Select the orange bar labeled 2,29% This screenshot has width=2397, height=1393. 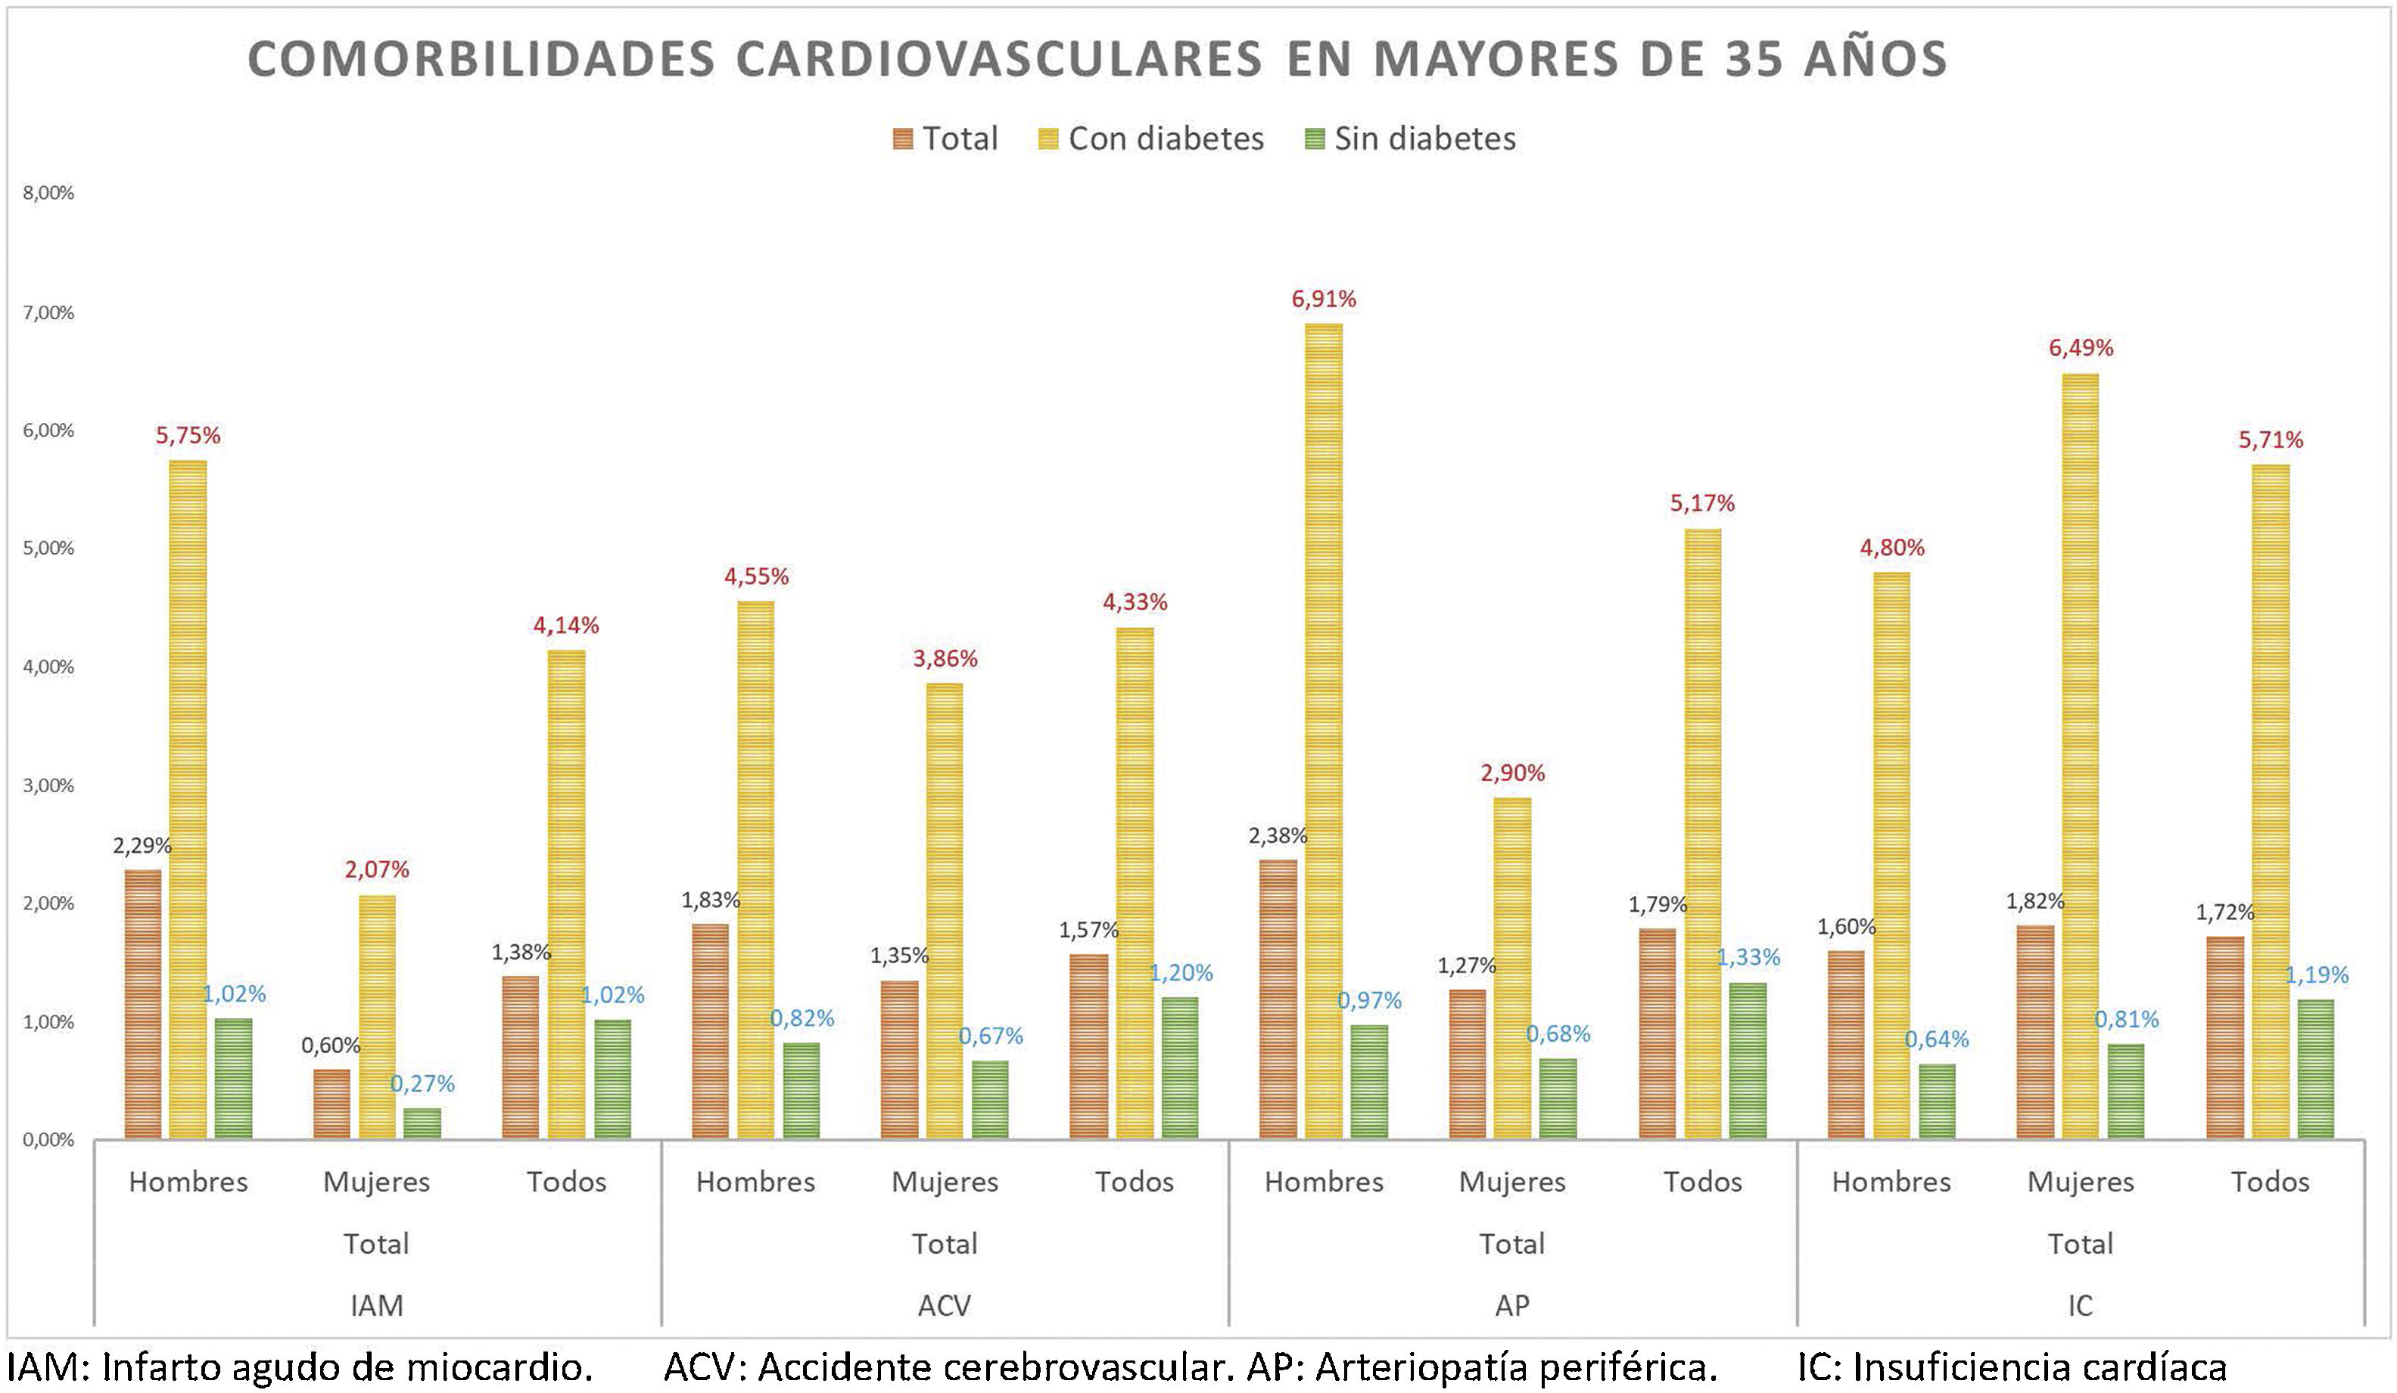click(143, 1003)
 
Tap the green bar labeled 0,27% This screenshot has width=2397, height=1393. click(422, 1123)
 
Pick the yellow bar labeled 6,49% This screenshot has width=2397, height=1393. click(2081, 755)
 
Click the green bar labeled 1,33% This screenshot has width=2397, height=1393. click(1748, 1060)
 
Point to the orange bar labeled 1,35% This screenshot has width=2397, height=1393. click(899, 1059)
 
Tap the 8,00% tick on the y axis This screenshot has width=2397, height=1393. click(48, 193)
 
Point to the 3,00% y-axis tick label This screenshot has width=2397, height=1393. click(48, 785)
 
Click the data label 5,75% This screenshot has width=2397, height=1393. click(188, 436)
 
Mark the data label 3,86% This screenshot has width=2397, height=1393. click(945, 658)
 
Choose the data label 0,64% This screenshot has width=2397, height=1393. click(1937, 1040)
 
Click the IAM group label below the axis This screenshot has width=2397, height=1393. click(377, 1304)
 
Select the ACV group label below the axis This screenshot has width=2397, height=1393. click(945, 1304)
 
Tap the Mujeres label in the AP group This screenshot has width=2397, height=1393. click(1511, 1182)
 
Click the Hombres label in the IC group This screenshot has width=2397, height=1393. click(1891, 1182)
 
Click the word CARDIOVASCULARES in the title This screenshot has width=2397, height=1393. click(999, 59)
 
